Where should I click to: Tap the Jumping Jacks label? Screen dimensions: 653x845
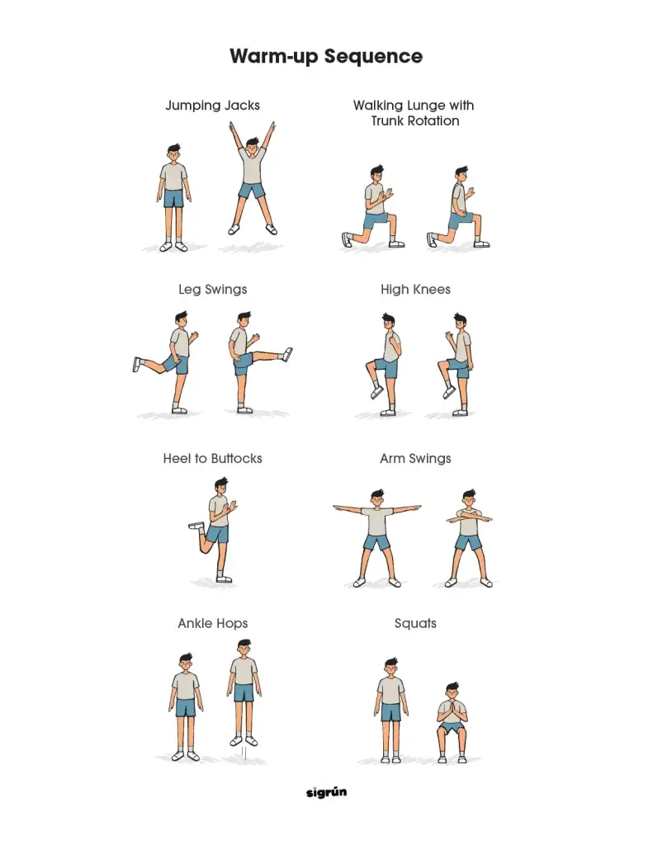pyautogui.click(x=212, y=106)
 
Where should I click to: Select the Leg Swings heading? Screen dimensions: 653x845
pyautogui.click(x=212, y=290)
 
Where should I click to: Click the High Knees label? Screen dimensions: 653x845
pyautogui.click(x=415, y=290)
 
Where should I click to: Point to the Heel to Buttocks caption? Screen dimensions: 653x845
pyautogui.click(x=212, y=459)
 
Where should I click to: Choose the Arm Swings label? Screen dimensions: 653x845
pyautogui.click(x=415, y=459)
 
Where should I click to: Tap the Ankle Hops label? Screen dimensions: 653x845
pyautogui.click(x=212, y=624)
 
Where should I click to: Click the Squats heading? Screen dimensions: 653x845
pyautogui.click(x=415, y=624)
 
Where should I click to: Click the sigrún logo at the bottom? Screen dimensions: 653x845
pyautogui.click(x=326, y=792)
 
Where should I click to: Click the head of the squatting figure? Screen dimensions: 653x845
pyautogui.click(x=452, y=692)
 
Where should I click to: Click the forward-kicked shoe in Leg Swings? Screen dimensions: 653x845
pyautogui.click(x=287, y=354)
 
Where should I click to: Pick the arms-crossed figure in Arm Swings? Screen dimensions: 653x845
pyautogui.click(x=470, y=539)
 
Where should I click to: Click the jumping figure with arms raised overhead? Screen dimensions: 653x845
pyautogui.click(x=253, y=178)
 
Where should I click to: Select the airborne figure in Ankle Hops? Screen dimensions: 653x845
pyautogui.click(x=244, y=692)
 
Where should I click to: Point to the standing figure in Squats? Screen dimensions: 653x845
pyautogui.click(x=390, y=710)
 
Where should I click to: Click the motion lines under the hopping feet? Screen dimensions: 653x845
pyautogui.click(x=244, y=753)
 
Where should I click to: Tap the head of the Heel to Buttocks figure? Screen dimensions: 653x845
pyautogui.click(x=221, y=485)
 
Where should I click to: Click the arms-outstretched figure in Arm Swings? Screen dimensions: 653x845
pyautogui.click(x=377, y=538)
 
